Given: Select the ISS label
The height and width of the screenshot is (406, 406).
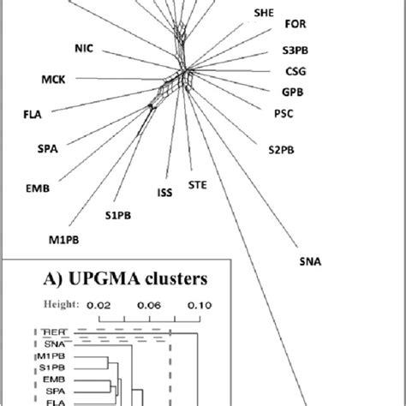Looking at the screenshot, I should pos(165,193).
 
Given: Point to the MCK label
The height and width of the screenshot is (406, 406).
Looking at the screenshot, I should pos(55,81).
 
